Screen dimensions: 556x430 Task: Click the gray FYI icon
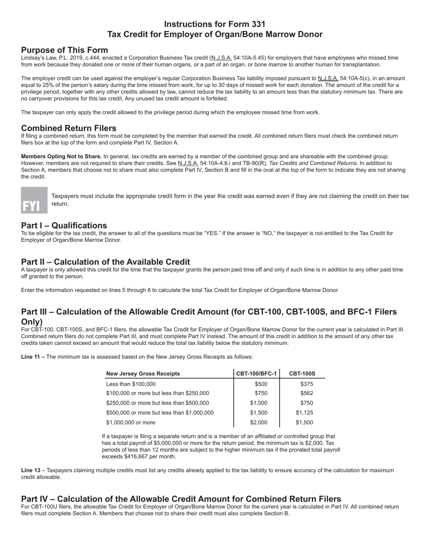[34, 200]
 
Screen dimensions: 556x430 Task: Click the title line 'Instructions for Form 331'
[215, 24]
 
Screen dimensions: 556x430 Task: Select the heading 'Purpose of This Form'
[64, 50]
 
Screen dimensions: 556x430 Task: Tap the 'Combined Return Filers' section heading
[68, 128]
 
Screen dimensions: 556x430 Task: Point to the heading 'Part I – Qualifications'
[64, 226]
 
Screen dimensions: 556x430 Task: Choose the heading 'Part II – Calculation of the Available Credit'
[105, 262]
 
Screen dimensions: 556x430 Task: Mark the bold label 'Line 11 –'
[33, 357]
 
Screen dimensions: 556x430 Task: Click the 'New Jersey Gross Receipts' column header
[143, 373]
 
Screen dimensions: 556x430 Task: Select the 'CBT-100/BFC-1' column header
[257, 373]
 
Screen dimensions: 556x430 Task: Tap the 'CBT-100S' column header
[302, 373]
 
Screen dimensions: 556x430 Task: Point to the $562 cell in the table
[306, 393]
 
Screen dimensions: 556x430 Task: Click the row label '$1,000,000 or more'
[130, 423]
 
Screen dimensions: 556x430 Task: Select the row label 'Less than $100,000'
[130, 384]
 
